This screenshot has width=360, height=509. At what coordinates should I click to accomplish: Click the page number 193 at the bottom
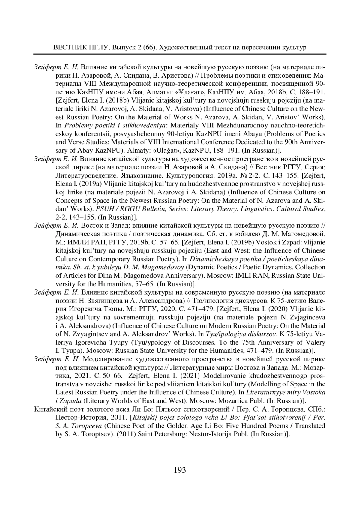coord(180,470)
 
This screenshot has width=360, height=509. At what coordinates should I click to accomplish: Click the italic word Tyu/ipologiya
coord(226,334)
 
